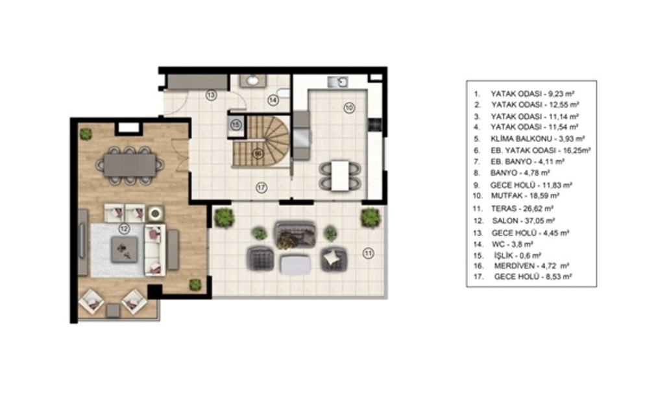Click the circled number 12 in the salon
pyautogui.click(x=124, y=229)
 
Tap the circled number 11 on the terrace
pyautogui.click(x=368, y=254)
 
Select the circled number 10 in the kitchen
pyautogui.click(x=349, y=108)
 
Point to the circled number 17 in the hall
pyautogui.click(x=262, y=187)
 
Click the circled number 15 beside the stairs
pyautogui.click(x=236, y=125)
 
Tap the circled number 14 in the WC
pyautogui.click(x=273, y=100)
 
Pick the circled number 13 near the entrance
pyautogui.click(x=211, y=95)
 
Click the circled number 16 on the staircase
pyautogui.click(x=257, y=154)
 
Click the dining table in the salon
pyautogui.click(x=130, y=165)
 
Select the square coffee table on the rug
pyautogui.click(x=124, y=250)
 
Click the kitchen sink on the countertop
pyautogui.click(x=337, y=82)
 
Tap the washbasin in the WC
pyautogui.click(x=252, y=80)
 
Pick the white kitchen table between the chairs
pyautogui.click(x=340, y=175)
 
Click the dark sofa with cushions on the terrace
pyautogui.click(x=295, y=234)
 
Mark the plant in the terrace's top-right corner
pyautogui.click(x=371, y=218)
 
